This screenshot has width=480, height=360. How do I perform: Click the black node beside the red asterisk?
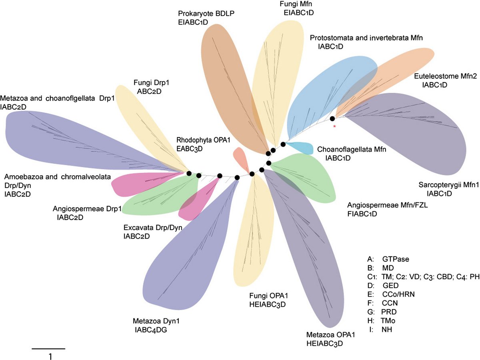pyautogui.click(x=332, y=118)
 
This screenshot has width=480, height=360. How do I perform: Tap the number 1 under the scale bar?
pyautogui.click(x=50, y=356)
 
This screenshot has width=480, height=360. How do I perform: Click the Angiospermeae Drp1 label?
pyautogui.click(x=87, y=208)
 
